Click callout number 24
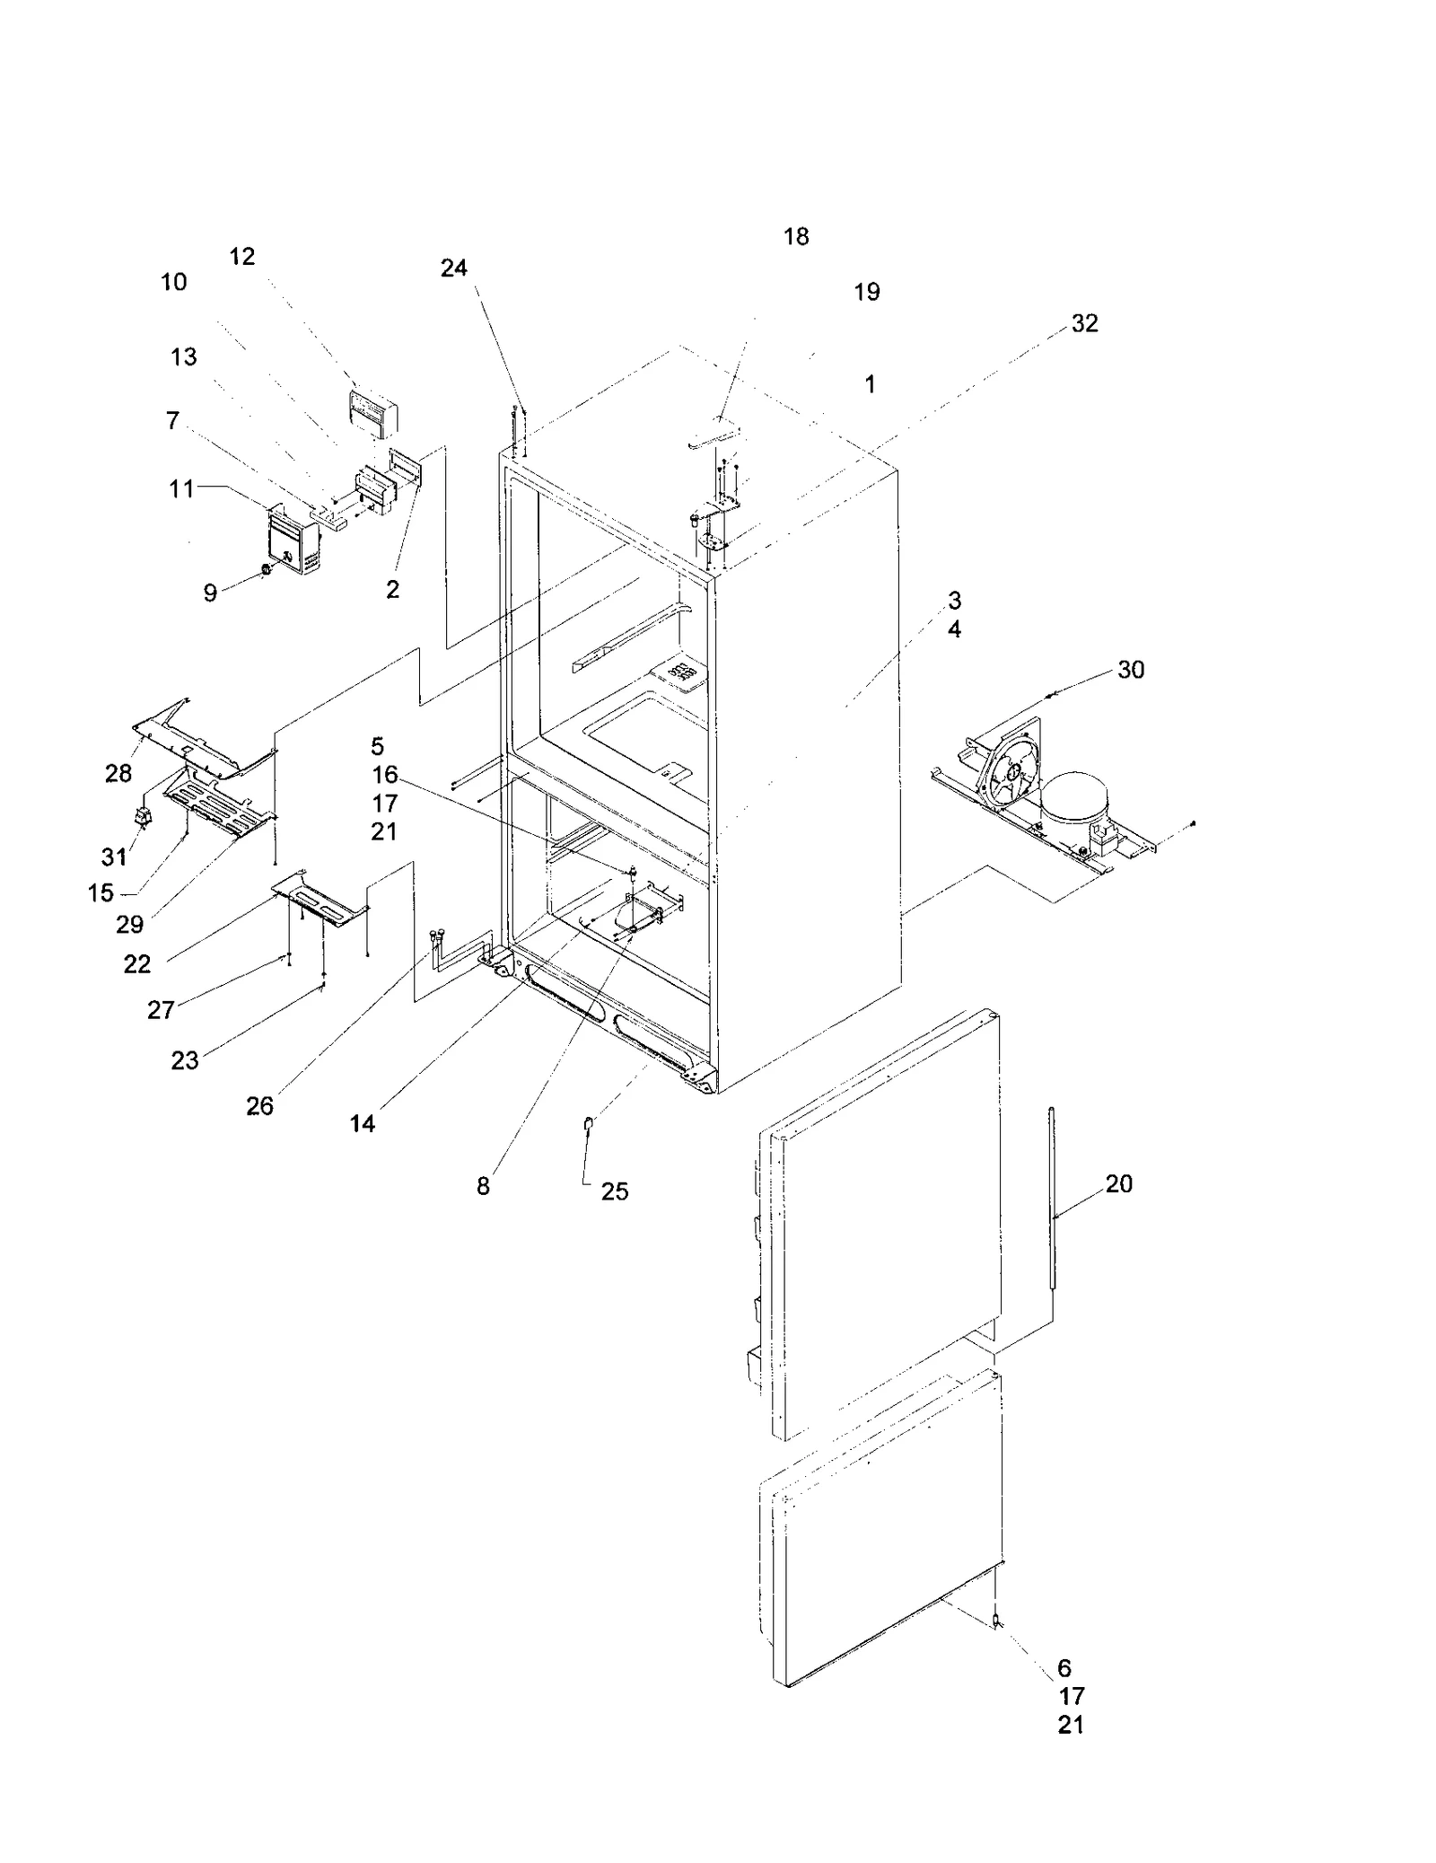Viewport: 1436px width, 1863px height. click(453, 268)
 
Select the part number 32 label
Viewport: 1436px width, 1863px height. click(1084, 323)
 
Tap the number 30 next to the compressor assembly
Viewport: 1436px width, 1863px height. click(1130, 670)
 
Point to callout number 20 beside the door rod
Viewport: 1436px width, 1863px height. click(1118, 1183)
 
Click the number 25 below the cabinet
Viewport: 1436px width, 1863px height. click(614, 1191)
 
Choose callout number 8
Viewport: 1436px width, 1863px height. click(483, 1186)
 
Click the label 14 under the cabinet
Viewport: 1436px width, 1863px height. click(362, 1123)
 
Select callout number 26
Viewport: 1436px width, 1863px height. click(259, 1106)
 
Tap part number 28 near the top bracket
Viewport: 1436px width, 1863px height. click(118, 773)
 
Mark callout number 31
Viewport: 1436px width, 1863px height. click(113, 857)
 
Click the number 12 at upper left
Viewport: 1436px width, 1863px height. click(241, 257)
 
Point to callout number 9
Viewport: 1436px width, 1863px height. click(209, 593)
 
